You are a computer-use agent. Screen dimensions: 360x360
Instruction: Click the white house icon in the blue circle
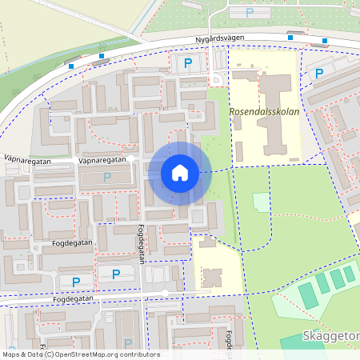(x=180, y=172)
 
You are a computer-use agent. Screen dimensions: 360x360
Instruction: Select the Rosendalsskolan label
(x=265, y=112)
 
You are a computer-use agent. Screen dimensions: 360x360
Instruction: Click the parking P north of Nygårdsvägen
(x=249, y=13)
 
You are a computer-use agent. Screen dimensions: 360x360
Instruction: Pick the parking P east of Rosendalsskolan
(x=319, y=74)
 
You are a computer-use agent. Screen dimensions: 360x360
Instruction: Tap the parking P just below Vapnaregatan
(x=106, y=177)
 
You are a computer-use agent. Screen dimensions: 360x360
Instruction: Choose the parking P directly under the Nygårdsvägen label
(x=188, y=62)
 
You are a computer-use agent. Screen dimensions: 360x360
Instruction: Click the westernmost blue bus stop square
(x=71, y=66)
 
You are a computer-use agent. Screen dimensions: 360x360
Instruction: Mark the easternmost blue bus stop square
(x=325, y=40)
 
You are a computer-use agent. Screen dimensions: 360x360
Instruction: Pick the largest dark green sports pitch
(x=308, y=295)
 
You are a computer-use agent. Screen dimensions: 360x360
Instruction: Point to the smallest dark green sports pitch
(x=349, y=274)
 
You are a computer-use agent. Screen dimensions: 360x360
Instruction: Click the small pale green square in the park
(x=262, y=202)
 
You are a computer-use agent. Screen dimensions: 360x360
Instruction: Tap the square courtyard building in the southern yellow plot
(x=212, y=278)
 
